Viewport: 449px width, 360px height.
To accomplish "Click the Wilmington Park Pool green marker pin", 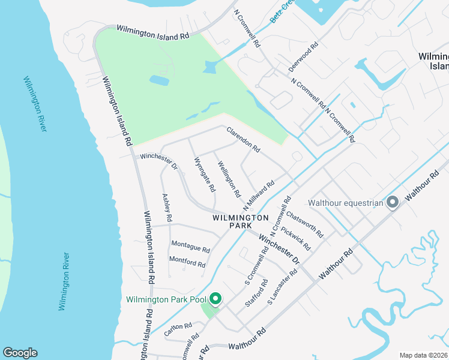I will [214, 299].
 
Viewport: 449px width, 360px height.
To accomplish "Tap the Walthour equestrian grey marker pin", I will [393, 203].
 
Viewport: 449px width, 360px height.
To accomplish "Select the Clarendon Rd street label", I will [243, 139].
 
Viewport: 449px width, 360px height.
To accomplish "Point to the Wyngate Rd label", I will [205, 175].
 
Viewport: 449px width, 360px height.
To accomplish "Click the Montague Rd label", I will [190, 247].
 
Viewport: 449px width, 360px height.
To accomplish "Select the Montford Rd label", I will [187, 262].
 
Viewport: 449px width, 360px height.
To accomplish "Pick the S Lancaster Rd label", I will [282, 286].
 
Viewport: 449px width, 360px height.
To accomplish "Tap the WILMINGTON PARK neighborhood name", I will [240, 221].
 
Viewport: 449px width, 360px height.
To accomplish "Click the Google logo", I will [20, 353].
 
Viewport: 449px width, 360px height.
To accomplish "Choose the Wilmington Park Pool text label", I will [166, 299].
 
